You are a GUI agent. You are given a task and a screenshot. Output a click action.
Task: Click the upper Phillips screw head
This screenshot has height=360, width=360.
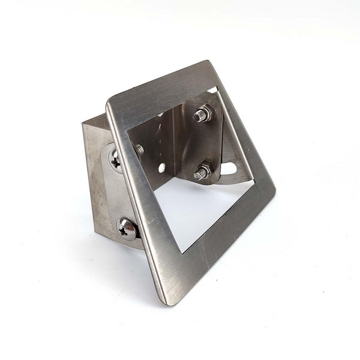click(116, 159)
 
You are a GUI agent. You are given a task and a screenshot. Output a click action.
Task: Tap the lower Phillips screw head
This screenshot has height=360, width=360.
click(127, 229)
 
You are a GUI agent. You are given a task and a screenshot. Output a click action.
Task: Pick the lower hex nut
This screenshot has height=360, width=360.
click(202, 172)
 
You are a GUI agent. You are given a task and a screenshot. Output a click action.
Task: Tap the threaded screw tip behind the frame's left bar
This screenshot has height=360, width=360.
click(139, 150)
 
